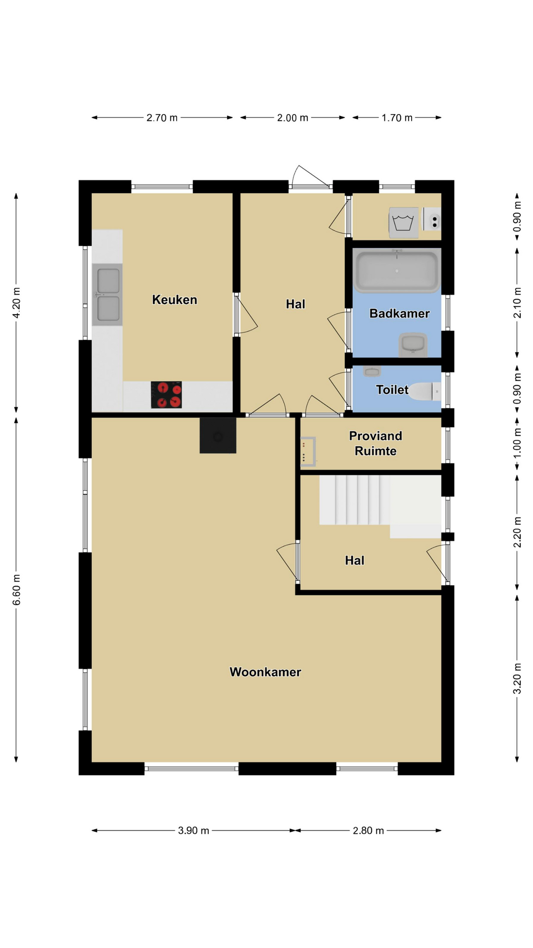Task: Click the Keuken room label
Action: click(175, 300)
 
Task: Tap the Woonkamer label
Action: click(266, 672)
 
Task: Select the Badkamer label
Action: click(399, 314)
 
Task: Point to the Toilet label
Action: click(392, 390)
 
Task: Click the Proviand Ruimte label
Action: click(376, 443)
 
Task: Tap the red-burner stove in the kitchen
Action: click(166, 395)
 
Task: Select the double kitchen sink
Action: click(107, 295)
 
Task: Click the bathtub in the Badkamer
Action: click(397, 271)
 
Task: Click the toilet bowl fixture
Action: click(425, 392)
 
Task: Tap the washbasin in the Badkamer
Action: click(413, 345)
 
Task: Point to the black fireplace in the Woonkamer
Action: click(218, 435)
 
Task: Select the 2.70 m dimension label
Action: click(162, 118)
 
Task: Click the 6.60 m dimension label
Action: click(16, 590)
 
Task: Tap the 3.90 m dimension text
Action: click(193, 830)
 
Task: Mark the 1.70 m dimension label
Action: click(397, 118)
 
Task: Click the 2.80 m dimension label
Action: click(368, 830)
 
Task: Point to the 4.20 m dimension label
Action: click(16, 303)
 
